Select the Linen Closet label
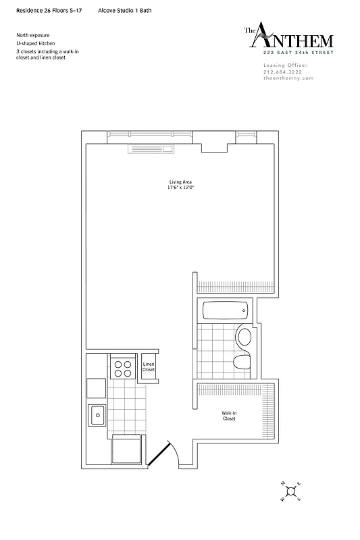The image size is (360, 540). tap(149, 367)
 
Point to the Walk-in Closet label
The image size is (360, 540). tap(229, 416)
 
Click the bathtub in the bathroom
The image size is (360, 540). tap(226, 311)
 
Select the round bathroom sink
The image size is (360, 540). tap(244, 335)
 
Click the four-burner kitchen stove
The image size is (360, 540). tap(123, 368)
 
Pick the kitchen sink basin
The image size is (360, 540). tap(96, 413)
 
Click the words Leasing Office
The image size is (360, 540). tap(284, 65)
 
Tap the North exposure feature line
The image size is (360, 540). tap(33, 34)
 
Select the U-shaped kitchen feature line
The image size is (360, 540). tap(36, 43)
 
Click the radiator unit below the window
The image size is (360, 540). tap(152, 149)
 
